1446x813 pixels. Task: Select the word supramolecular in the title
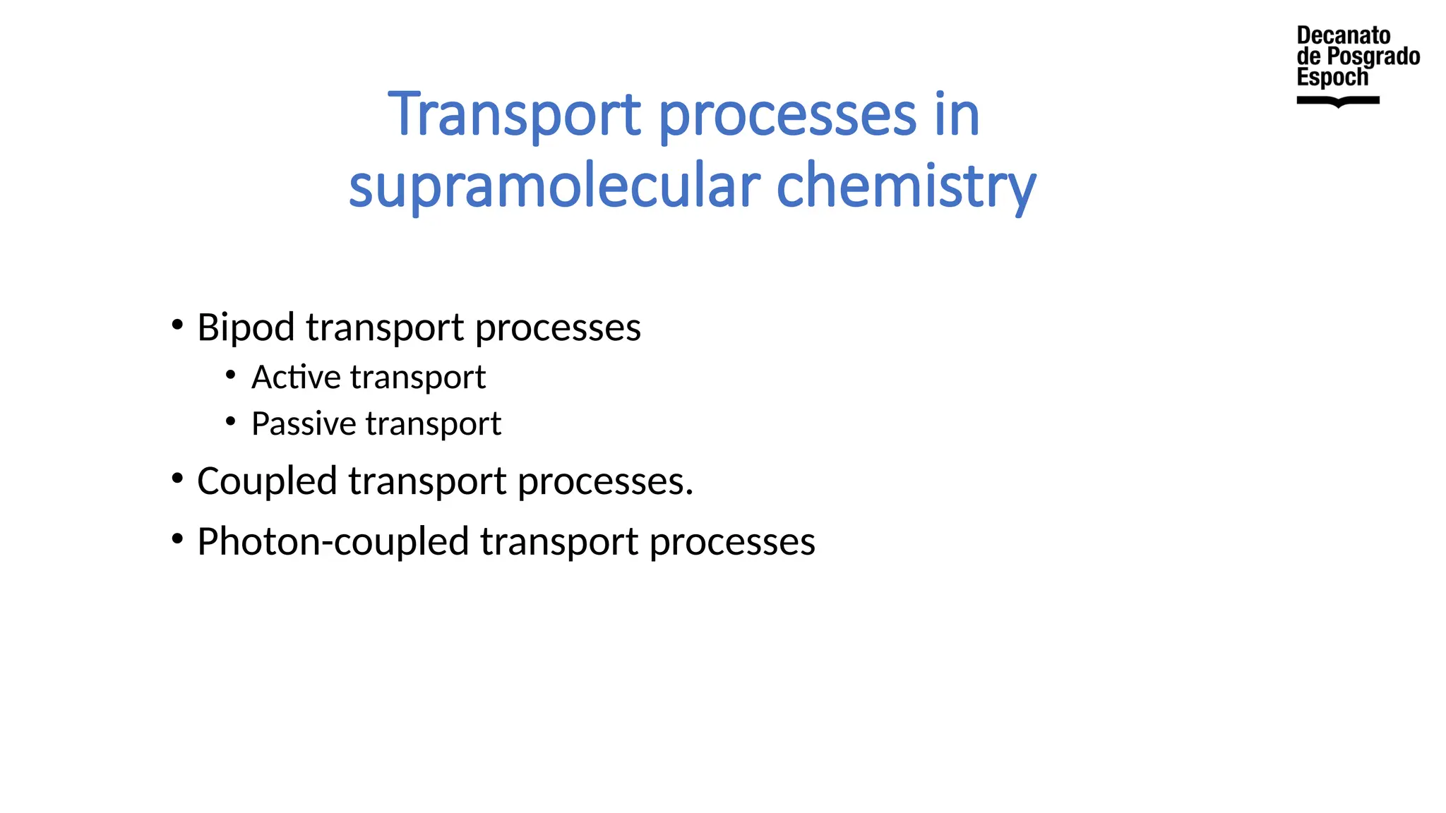click(x=554, y=186)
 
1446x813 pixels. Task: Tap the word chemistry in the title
click(x=906, y=186)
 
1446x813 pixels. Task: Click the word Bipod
click(x=246, y=327)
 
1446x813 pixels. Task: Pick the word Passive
click(x=304, y=423)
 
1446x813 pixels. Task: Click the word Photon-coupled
click(x=333, y=542)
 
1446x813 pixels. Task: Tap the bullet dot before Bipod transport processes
click(x=177, y=325)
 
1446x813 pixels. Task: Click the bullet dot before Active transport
click(x=231, y=375)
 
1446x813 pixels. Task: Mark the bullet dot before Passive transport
click(x=231, y=421)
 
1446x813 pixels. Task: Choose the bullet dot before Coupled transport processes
click(x=177, y=478)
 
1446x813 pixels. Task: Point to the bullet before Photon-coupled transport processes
click(x=177, y=539)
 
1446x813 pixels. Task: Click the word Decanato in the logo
click(x=1343, y=35)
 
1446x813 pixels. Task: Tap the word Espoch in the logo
click(x=1332, y=77)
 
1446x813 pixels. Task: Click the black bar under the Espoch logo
click(x=1338, y=101)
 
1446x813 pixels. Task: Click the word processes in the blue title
click(x=787, y=114)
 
